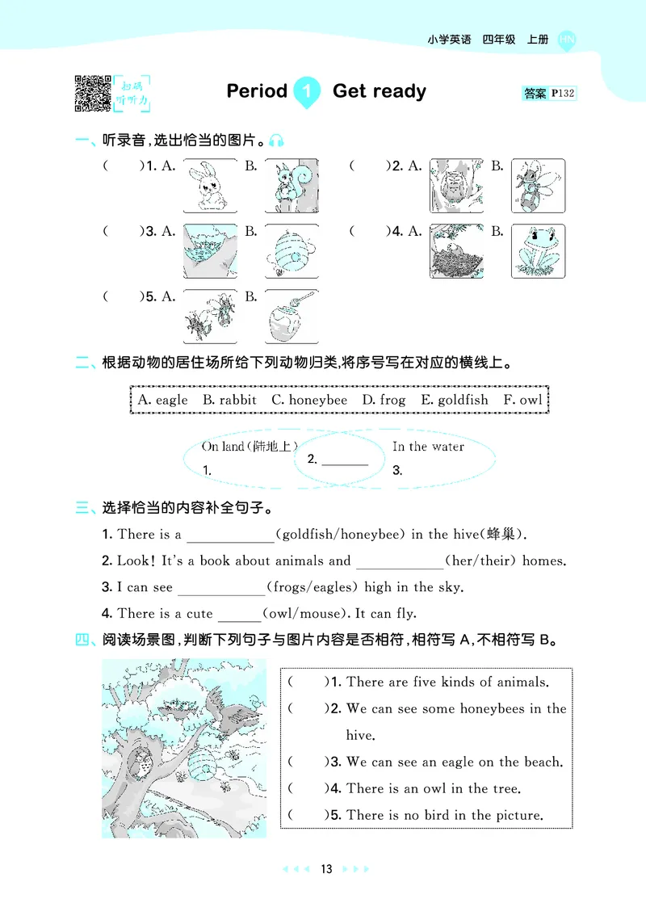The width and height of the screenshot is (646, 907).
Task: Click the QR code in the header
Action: pyautogui.click(x=92, y=93)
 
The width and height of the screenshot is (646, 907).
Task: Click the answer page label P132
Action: pyautogui.click(x=562, y=94)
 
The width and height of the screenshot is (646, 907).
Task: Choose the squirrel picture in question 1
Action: pyautogui.click(x=292, y=185)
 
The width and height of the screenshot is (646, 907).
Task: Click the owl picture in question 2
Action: pyautogui.click(x=456, y=185)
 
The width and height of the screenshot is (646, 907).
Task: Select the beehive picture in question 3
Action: pyautogui.click(x=292, y=251)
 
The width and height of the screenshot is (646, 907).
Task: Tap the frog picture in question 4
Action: pyautogui.click(x=538, y=251)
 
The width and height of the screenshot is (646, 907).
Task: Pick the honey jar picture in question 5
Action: pyautogui.click(x=292, y=317)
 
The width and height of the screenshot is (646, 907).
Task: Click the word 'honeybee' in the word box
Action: pyautogui.click(x=317, y=400)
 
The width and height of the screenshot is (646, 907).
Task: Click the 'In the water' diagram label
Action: pyautogui.click(x=428, y=447)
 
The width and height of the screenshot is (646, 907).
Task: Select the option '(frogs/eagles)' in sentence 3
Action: pyautogui.click(x=314, y=587)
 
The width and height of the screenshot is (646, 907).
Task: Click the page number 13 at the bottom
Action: pyautogui.click(x=325, y=869)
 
